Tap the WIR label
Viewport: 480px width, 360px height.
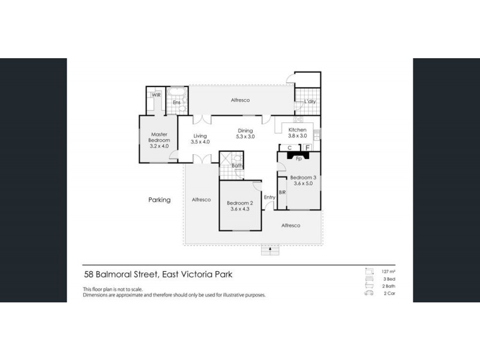pyautogui.click(x=156, y=95)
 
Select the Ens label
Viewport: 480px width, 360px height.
pyautogui.click(x=177, y=103)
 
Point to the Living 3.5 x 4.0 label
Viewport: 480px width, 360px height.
pyautogui.click(x=200, y=139)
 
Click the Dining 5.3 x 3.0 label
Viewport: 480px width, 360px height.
pyautogui.click(x=245, y=134)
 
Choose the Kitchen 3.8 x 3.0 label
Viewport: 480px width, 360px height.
pyautogui.click(x=298, y=133)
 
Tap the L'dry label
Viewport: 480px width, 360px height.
pyautogui.click(x=310, y=101)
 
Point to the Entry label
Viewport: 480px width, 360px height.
pyautogui.click(x=269, y=197)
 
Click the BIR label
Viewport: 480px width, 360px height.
pyautogui.click(x=281, y=192)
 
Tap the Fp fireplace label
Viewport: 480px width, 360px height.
pyautogui.click(x=298, y=158)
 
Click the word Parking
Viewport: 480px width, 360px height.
pyautogui.click(x=160, y=200)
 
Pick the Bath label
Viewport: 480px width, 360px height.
pyautogui.click(x=237, y=166)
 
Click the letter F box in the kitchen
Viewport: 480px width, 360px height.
pyautogui.click(x=307, y=147)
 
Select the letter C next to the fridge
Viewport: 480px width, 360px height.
pyautogui.click(x=290, y=147)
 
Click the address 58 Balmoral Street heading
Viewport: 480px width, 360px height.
pyautogui.click(x=158, y=274)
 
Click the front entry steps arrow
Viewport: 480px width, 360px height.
pyautogui.click(x=270, y=248)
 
